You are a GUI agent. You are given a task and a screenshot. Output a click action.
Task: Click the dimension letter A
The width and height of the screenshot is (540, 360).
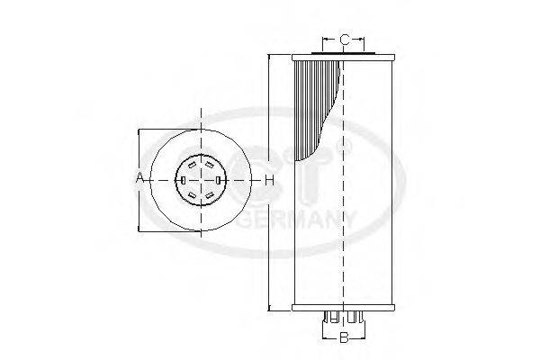point(139,179)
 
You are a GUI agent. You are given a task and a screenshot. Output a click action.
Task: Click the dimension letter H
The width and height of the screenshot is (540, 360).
point(269,180)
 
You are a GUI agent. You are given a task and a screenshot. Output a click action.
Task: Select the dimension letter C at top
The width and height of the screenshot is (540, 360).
point(344,40)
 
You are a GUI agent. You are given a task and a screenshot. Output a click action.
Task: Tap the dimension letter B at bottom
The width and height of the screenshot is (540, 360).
point(343,338)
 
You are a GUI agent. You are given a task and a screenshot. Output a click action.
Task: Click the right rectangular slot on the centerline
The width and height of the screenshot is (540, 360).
point(220,180)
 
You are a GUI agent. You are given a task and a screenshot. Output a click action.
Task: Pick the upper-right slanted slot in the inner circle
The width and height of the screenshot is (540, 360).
point(211,165)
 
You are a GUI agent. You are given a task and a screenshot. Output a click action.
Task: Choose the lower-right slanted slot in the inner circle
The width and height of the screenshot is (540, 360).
point(211,195)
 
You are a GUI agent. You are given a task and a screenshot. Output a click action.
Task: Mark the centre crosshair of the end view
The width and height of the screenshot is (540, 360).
point(200,180)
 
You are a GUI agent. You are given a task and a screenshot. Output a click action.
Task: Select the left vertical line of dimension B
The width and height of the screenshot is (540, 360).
point(322,333)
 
